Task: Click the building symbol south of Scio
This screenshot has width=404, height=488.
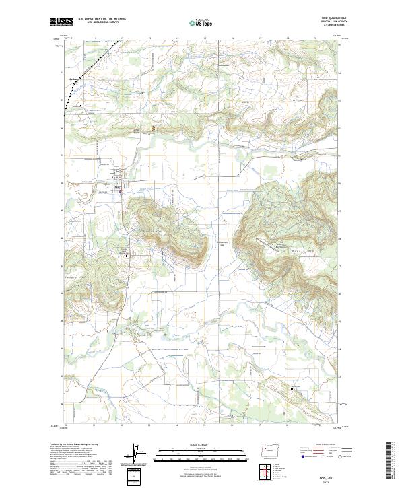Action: [125, 256]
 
